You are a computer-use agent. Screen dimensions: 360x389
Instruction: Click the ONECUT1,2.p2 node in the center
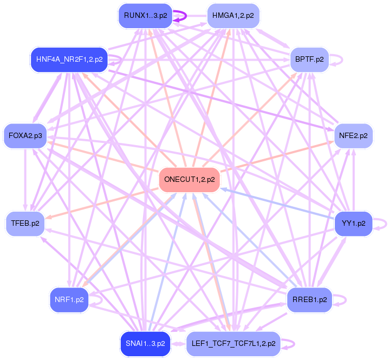(189, 179)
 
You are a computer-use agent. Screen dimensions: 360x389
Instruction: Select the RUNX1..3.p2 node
(145, 16)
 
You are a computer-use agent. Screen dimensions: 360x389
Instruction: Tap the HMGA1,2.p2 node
(234, 16)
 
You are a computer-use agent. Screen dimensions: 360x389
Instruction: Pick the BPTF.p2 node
(309, 60)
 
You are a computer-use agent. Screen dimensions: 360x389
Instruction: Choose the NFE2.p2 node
(353, 135)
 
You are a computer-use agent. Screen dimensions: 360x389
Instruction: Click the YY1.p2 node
(353, 223)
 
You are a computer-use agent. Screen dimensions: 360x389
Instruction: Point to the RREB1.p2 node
(309, 299)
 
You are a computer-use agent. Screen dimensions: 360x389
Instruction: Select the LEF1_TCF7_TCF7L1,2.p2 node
(234, 343)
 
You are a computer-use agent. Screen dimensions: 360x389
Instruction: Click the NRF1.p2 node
(69, 299)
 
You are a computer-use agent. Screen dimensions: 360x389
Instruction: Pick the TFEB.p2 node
(25, 223)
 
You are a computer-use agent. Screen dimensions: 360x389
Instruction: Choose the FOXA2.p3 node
(25, 135)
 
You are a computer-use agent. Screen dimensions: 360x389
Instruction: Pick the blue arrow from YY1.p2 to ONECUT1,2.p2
(276, 202)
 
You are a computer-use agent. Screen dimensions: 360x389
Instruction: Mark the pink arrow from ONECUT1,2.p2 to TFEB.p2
(103, 202)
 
